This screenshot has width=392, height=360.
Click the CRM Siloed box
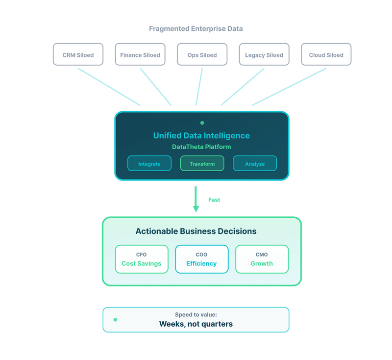coord(78,54)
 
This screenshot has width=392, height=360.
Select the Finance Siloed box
coord(140,54)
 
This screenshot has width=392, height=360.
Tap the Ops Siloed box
coord(202,54)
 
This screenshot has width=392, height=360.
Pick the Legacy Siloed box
coord(264,54)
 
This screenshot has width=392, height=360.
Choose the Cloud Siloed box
coord(326,54)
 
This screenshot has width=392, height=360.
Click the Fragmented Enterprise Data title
coord(196,29)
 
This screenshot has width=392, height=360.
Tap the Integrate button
coord(149,163)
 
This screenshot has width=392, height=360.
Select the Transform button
coord(202,163)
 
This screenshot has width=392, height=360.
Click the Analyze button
coord(255,163)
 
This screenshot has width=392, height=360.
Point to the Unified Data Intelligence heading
coord(201,135)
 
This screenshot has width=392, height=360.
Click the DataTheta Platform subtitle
coord(201,147)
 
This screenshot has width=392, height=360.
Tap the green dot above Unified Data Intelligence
coord(202,123)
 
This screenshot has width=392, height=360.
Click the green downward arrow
coord(196,199)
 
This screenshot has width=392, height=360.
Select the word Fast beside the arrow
coord(214,200)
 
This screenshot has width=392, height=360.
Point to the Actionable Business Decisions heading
coord(196,231)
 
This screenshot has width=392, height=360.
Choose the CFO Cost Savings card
coord(142,259)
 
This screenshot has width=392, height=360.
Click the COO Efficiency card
coord(202,259)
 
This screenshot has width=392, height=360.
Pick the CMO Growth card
coord(262,259)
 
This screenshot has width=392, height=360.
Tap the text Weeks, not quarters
coord(196,324)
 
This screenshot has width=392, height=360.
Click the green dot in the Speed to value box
coord(115,319)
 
